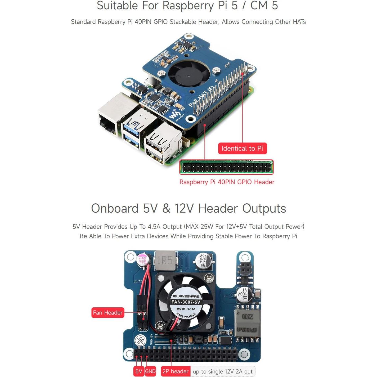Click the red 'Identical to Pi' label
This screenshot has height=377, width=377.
(x=242, y=149)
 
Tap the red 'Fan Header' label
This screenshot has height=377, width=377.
(x=108, y=313)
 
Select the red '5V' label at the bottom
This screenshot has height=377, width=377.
(x=139, y=371)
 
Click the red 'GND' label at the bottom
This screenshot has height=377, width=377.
(x=150, y=371)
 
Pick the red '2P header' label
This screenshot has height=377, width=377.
(x=175, y=371)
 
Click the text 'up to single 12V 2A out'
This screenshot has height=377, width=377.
(x=223, y=371)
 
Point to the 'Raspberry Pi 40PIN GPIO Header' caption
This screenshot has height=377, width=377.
(x=227, y=182)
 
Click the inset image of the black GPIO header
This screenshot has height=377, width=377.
(x=226, y=167)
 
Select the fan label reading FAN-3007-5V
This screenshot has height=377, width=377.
(x=186, y=302)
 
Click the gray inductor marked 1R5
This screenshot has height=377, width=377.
(x=165, y=261)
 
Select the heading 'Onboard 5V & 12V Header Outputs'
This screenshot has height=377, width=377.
(x=188, y=208)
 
